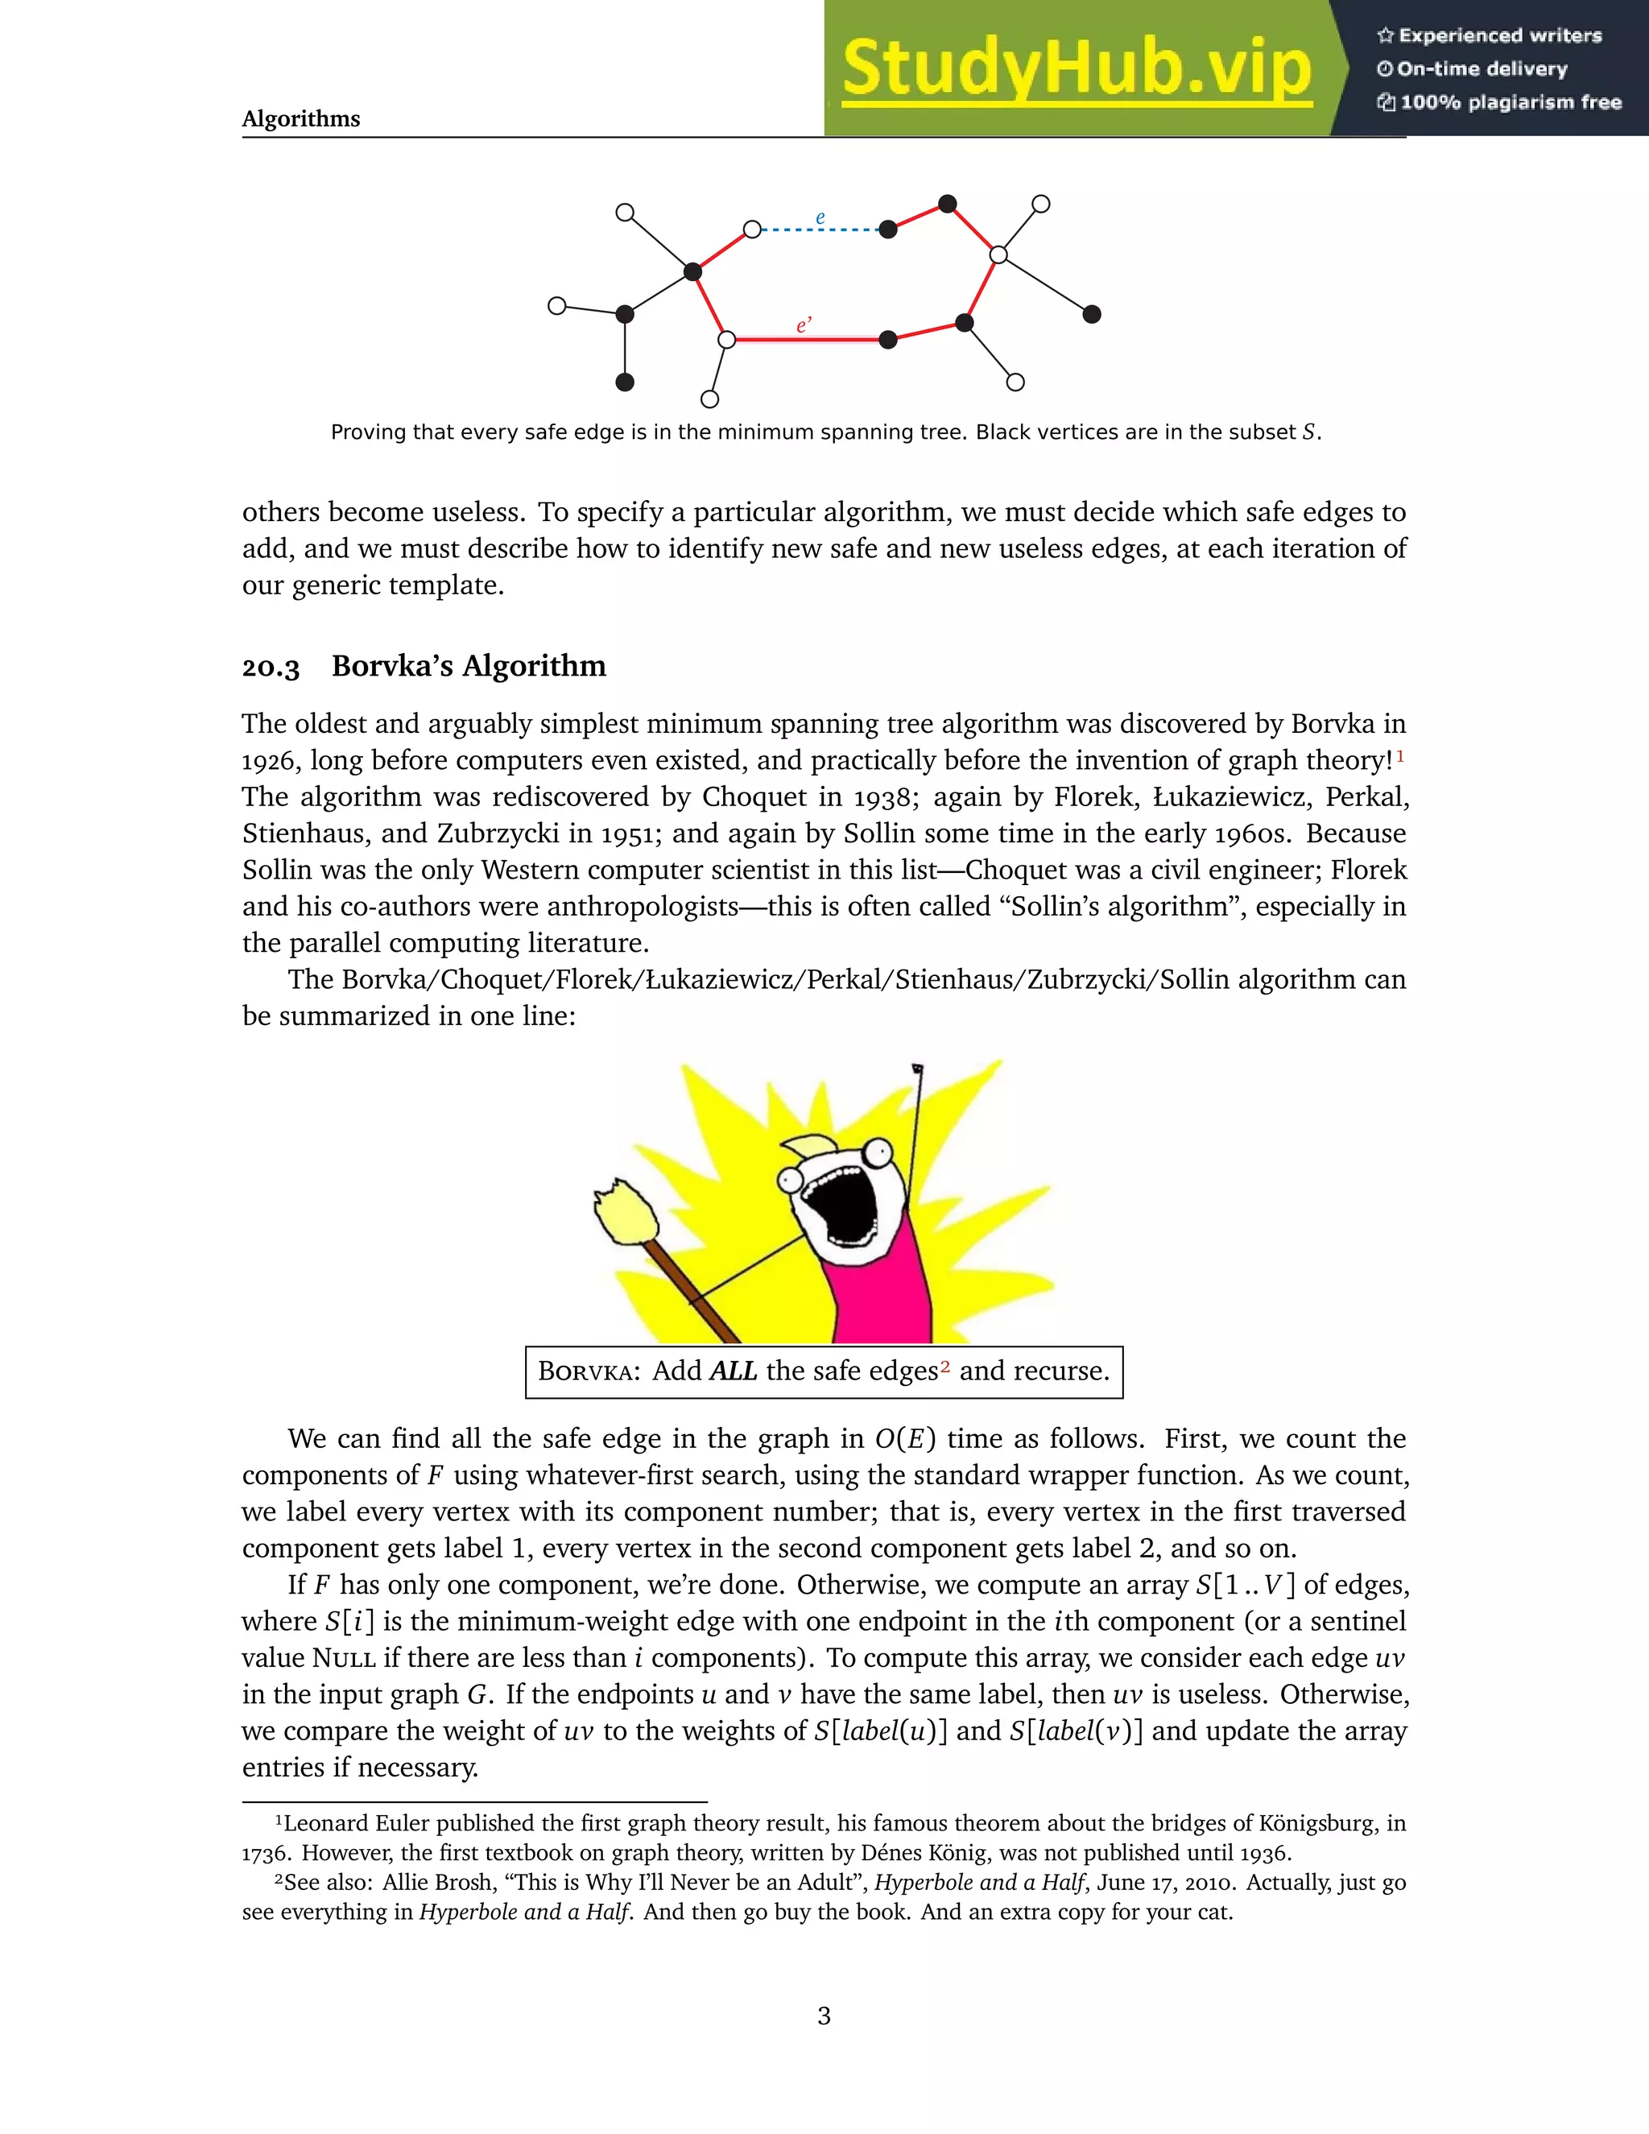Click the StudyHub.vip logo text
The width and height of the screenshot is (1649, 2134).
coord(1076,68)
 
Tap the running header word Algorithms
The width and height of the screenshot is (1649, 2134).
coord(301,119)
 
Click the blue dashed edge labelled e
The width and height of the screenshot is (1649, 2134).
coord(820,230)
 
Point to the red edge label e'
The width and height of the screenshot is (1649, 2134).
coord(803,325)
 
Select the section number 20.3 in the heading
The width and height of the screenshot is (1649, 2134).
coord(271,668)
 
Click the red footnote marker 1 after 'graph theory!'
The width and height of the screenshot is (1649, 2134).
coord(1400,755)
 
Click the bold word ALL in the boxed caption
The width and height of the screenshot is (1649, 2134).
coord(733,1371)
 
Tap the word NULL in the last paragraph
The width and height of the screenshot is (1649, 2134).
coord(344,1658)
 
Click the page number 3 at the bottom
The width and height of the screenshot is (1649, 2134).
coord(824,2016)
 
